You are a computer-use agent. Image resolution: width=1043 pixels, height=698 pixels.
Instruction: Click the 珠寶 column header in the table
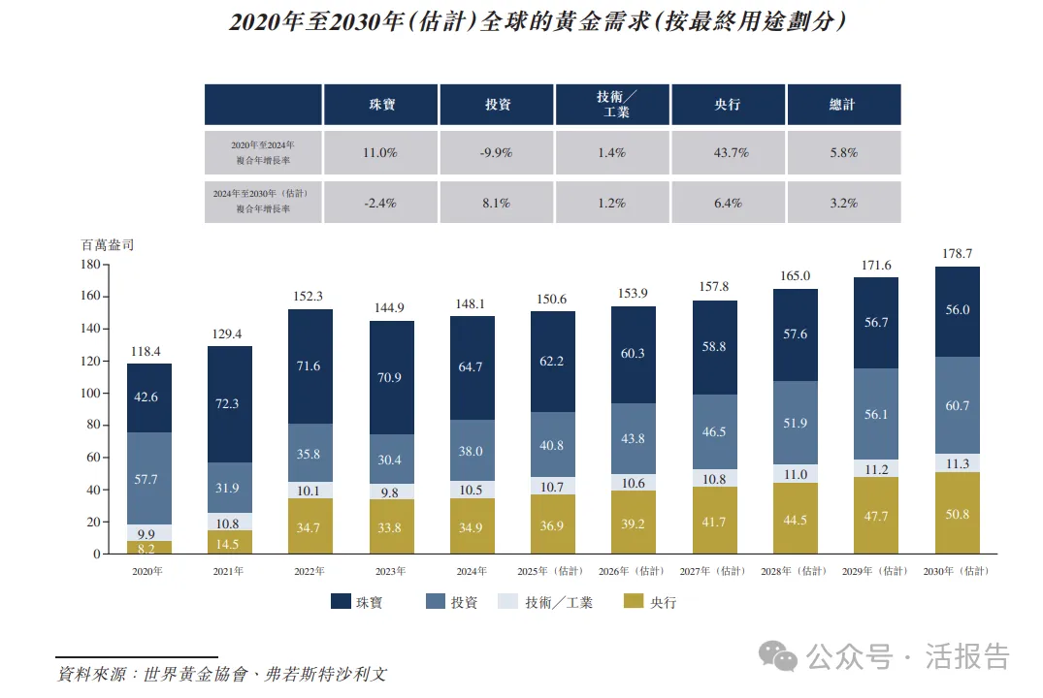(x=381, y=105)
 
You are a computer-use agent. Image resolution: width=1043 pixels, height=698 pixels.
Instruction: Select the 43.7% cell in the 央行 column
(x=728, y=153)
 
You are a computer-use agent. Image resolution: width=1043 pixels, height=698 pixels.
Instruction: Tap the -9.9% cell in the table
(x=497, y=153)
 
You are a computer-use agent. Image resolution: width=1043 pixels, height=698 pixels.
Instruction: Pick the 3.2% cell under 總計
(x=843, y=203)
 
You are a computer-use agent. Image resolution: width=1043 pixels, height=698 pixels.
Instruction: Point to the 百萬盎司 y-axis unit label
(x=107, y=244)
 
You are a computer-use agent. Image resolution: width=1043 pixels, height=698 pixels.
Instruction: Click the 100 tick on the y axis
(x=89, y=393)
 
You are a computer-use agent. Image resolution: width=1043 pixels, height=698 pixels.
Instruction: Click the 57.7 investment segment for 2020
(x=148, y=478)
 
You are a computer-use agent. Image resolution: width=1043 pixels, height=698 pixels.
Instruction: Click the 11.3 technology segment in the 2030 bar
(x=958, y=463)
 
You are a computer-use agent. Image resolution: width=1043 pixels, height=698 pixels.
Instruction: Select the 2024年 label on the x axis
(x=472, y=571)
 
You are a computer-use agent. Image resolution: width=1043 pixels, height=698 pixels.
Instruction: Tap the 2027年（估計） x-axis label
(x=714, y=571)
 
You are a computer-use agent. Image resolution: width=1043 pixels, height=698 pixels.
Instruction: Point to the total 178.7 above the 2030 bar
(x=958, y=253)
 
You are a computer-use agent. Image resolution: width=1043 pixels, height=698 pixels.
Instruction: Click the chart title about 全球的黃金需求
(x=537, y=22)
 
